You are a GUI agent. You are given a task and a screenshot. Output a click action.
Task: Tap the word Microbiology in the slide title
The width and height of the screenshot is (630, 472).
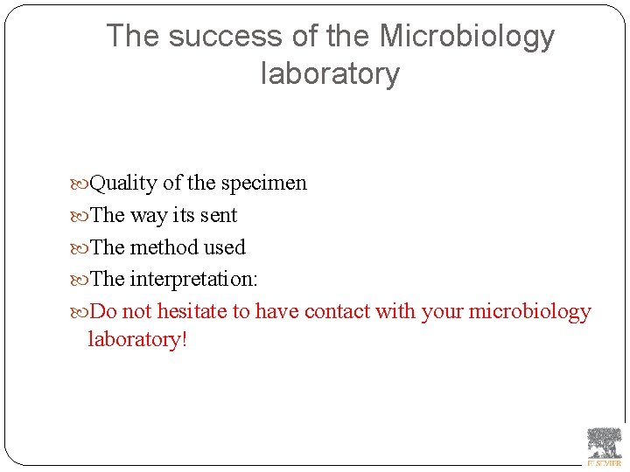467,37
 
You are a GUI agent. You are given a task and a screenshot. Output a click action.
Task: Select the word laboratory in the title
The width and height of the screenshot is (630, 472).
330,73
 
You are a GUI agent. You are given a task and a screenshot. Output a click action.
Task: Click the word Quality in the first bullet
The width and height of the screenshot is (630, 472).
123,184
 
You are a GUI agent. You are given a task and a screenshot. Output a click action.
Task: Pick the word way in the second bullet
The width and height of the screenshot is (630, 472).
148,216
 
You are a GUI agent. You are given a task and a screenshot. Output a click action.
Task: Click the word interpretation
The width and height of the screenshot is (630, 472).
193,280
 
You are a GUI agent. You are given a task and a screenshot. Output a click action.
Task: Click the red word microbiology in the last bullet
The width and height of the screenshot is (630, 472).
530,311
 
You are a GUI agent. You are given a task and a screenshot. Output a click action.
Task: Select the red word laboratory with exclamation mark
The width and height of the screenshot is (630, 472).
137,339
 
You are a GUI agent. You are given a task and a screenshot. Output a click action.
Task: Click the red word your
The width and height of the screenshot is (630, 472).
442,312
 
